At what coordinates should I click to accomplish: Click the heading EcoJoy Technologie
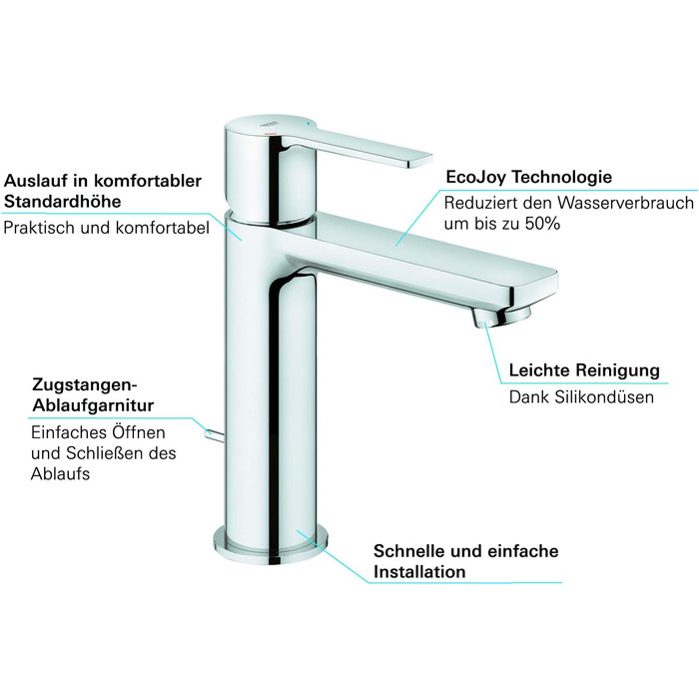pyautogui.click(x=528, y=178)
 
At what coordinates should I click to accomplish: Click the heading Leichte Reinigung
pyautogui.click(x=584, y=370)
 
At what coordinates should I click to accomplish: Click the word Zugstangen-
pyautogui.click(x=84, y=384)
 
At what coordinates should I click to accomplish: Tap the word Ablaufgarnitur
pyautogui.click(x=99, y=406)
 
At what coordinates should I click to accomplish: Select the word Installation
pyautogui.click(x=419, y=572)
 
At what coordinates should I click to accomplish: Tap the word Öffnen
pyautogui.click(x=139, y=432)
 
